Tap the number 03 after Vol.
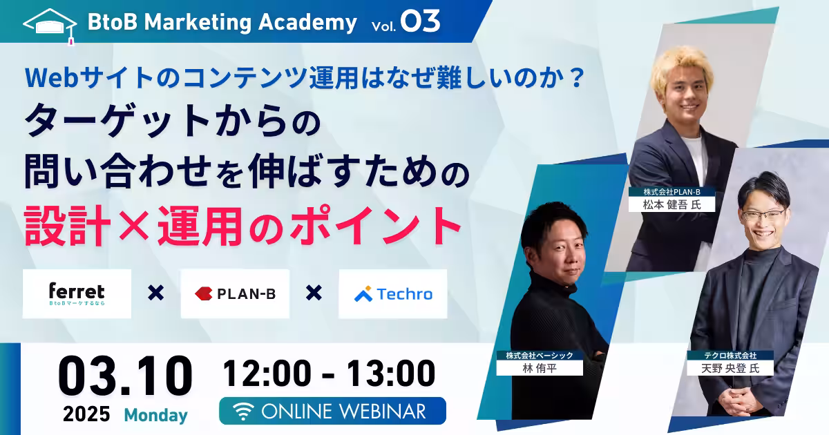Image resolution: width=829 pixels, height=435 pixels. [x=421, y=21]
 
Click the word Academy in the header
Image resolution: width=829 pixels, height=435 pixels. [x=307, y=23]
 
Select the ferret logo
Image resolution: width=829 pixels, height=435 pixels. [x=77, y=293]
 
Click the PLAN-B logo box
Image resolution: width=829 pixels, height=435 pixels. [x=235, y=293]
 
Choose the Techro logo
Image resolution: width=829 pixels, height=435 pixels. [x=393, y=293]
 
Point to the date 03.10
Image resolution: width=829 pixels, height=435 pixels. [x=125, y=376]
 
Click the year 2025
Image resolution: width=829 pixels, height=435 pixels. [x=86, y=414]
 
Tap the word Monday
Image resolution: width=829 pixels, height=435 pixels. [x=156, y=415]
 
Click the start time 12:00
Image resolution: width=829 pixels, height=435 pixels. [x=267, y=373]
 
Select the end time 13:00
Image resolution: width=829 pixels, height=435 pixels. [x=391, y=373]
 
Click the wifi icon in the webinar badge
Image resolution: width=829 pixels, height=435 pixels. [x=242, y=412]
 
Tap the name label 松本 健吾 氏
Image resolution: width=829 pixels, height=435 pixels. [x=671, y=204]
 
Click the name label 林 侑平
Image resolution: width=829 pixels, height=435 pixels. [x=540, y=368]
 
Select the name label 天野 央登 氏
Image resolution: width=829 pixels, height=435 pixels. [x=730, y=368]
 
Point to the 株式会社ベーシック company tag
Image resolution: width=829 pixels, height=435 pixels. [x=540, y=356]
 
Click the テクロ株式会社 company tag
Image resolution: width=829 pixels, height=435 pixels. [x=730, y=356]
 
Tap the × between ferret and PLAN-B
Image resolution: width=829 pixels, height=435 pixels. [x=156, y=293]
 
